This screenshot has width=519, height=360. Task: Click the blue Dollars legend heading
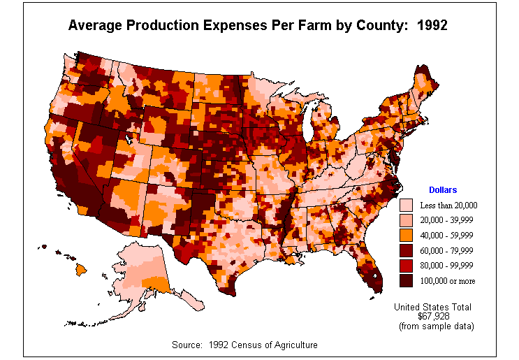click(442, 190)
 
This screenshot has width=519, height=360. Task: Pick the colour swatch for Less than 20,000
click(405, 206)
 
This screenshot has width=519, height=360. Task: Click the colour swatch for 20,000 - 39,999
click(405, 220)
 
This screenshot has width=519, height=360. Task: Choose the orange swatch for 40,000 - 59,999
click(405, 236)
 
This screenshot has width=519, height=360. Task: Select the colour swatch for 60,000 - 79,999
click(405, 250)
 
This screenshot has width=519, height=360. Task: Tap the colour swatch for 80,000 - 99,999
click(405, 266)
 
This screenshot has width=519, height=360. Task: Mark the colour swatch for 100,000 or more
click(405, 280)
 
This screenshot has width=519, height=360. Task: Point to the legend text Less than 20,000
click(448, 206)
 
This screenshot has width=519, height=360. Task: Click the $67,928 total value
click(433, 316)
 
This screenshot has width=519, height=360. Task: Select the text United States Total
click(432, 307)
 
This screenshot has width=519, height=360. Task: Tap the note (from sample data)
click(436, 326)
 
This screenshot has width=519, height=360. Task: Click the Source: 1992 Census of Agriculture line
click(244, 345)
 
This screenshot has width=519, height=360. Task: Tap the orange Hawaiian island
click(82, 268)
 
